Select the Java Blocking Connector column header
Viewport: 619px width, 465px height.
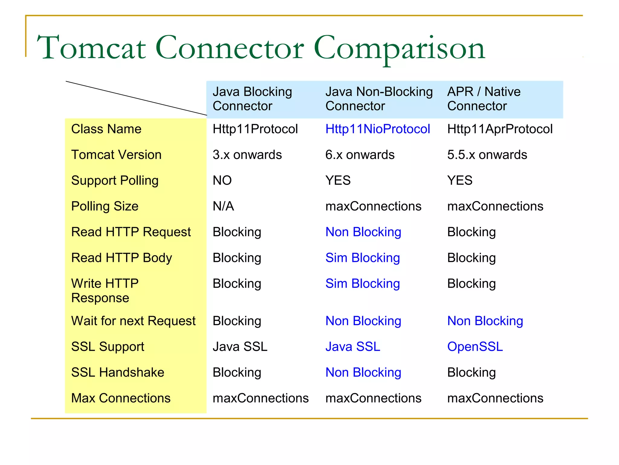pyautogui.click(x=252, y=99)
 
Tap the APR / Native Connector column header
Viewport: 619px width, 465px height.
pyautogui.click(x=484, y=99)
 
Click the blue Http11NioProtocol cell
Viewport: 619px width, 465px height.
pyautogui.click(x=378, y=129)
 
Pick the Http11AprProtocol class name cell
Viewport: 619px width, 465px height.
pyautogui.click(x=500, y=129)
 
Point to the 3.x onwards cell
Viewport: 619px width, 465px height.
pyautogui.click(x=247, y=155)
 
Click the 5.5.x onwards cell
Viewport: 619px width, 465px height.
pyautogui.click(x=487, y=155)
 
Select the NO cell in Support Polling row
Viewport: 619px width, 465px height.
pyautogui.click(x=222, y=181)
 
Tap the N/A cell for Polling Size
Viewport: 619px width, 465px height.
pyautogui.click(x=223, y=206)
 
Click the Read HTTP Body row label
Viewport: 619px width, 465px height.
pyautogui.click(x=122, y=258)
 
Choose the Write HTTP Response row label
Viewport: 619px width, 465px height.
pyautogui.click(x=105, y=291)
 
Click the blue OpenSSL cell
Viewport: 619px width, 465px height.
pyautogui.click(x=475, y=347)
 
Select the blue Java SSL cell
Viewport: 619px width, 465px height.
pyautogui.click(x=352, y=347)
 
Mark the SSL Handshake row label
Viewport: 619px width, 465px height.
pyautogui.click(x=118, y=372)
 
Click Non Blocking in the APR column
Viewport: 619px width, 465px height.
pyautogui.click(x=485, y=321)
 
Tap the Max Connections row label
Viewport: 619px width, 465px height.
pyautogui.click(x=121, y=398)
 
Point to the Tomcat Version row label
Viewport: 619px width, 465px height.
pyautogui.click(x=116, y=155)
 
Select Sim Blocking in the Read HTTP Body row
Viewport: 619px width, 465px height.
pyautogui.click(x=362, y=258)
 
